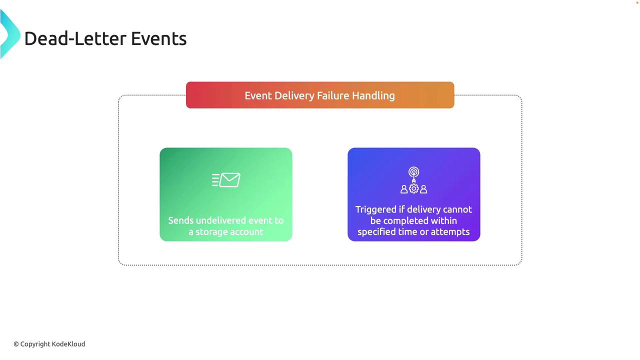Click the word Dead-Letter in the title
tap(75, 38)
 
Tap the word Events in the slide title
tap(159, 38)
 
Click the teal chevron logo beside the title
tap(10, 34)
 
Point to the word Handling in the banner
tap(373, 95)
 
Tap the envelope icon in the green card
tap(226, 180)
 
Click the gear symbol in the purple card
tap(413, 188)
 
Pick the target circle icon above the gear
tap(413, 172)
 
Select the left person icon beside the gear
tap(404, 189)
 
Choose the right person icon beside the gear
tap(423, 189)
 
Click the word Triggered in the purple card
tap(376, 209)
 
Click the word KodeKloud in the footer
tap(68, 344)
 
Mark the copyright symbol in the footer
tap(16, 344)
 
